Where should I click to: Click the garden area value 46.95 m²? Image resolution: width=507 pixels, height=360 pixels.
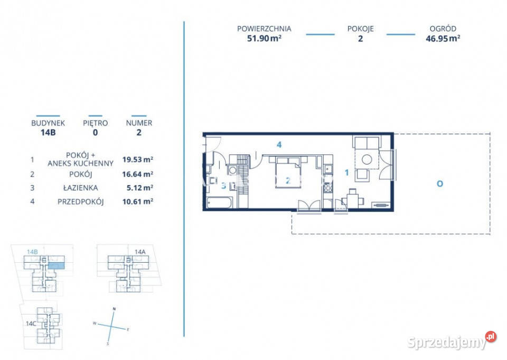(x=443, y=38)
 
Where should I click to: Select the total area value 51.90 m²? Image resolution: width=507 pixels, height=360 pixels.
(x=264, y=38)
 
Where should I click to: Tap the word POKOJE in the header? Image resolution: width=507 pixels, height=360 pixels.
(x=360, y=29)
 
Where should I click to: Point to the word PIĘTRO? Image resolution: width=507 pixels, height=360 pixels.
(x=95, y=123)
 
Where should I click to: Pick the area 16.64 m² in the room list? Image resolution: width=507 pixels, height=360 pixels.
(x=137, y=173)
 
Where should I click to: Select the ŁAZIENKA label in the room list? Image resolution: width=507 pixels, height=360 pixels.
(x=80, y=188)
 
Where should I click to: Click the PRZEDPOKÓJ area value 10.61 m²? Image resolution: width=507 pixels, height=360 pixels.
(x=137, y=201)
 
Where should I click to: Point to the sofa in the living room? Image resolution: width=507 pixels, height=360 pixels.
(x=366, y=143)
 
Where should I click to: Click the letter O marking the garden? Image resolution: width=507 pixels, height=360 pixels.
(x=439, y=184)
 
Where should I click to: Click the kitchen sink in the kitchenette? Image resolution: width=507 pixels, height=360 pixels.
(x=327, y=170)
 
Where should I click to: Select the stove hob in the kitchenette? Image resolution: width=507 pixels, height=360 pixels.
(x=327, y=187)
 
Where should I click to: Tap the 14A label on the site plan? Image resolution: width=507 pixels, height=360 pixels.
(x=139, y=252)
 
